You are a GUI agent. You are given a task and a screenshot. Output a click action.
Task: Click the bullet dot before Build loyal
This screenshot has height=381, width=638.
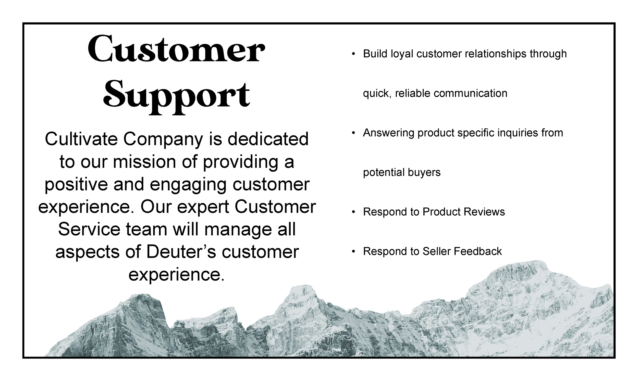pos(353,54)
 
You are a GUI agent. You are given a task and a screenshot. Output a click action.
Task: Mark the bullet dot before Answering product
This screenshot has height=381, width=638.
pos(353,133)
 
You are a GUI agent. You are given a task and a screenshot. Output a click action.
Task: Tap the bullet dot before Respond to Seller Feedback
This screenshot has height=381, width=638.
pos(353,251)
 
